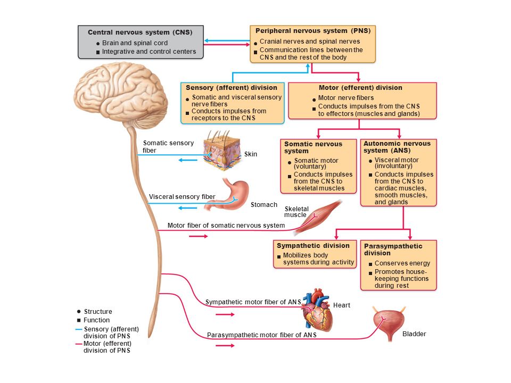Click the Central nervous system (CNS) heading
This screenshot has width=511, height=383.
coord(140,32)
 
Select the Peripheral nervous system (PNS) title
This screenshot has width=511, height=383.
coord(313,31)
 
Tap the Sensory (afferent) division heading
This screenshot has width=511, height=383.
coord(232,88)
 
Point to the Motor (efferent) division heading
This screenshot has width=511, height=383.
coord(360,88)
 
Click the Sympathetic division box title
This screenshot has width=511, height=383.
coord(313,246)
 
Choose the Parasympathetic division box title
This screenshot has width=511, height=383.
coord(393,249)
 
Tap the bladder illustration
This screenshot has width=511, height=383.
coord(389,323)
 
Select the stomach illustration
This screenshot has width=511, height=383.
coord(228,195)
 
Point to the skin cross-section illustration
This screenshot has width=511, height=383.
coord(222,151)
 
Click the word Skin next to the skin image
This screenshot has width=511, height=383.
coord(251,154)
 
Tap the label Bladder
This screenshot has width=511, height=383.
coord(414,334)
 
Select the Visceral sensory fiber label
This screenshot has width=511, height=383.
coord(182,197)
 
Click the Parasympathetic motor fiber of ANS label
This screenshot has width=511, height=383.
coord(262,335)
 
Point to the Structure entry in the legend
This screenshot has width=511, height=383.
coord(98,311)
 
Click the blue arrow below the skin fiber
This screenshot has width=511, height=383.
coord(188,160)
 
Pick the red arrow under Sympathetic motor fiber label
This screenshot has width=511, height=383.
coord(225,314)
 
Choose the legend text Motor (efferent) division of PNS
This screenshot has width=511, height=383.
coord(107,347)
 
